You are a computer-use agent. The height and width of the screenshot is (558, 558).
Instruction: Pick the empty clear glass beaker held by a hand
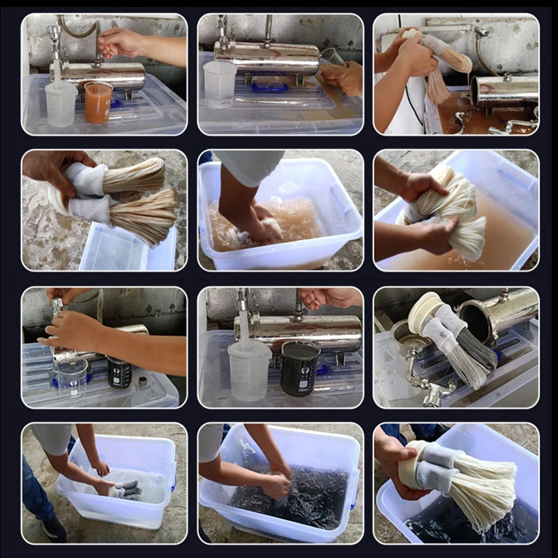(x=73, y=377)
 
